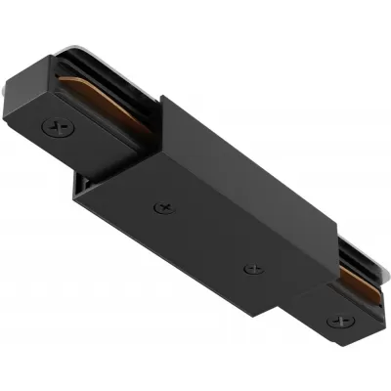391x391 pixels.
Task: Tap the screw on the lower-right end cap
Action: point(341,319)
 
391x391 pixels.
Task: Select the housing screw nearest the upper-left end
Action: point(162,207)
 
